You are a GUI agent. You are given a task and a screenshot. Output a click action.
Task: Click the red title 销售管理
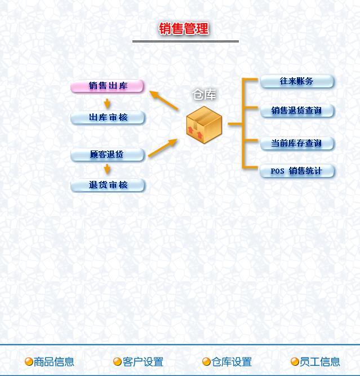point(184,29)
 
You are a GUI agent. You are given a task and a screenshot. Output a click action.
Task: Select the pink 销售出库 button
point(108,86)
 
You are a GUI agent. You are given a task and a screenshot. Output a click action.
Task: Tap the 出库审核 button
point(108,118)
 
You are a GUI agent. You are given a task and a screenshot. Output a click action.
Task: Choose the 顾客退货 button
point(107,154)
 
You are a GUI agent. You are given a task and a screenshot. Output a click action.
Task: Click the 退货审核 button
point(108,185)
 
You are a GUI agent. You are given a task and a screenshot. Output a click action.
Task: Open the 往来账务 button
point(297,81)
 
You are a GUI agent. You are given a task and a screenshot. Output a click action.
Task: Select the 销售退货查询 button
point(297,110)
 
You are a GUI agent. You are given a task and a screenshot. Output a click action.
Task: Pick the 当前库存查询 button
point(297,143)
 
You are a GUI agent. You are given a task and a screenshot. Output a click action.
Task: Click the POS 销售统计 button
point(297,171)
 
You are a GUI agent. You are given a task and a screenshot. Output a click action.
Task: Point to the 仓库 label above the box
point(205,95)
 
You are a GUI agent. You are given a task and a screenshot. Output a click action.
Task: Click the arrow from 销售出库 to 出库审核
point(107,103)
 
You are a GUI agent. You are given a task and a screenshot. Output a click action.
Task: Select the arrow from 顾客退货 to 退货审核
point(107,169)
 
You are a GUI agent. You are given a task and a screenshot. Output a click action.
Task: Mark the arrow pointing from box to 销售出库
point(164,100)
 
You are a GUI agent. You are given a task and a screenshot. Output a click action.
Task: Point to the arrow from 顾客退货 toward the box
point(163,147)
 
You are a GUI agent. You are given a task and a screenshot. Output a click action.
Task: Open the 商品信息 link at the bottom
point(54,362)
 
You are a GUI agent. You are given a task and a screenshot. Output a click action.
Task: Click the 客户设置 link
point(143,362)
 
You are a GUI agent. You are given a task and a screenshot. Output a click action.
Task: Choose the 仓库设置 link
point(232,362)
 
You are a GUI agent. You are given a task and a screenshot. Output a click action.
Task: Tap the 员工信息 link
point(320,362)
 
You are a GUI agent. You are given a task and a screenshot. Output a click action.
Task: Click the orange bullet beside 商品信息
point(29,362)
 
